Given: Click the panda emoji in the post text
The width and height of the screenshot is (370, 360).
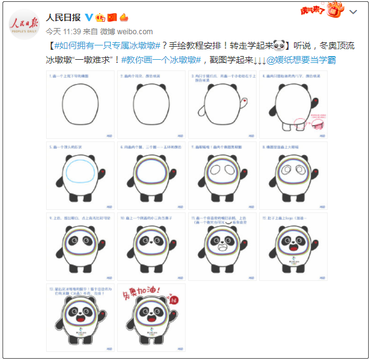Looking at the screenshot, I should click(279, 45).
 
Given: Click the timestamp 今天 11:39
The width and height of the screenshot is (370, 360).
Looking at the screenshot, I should click(65, 31).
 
